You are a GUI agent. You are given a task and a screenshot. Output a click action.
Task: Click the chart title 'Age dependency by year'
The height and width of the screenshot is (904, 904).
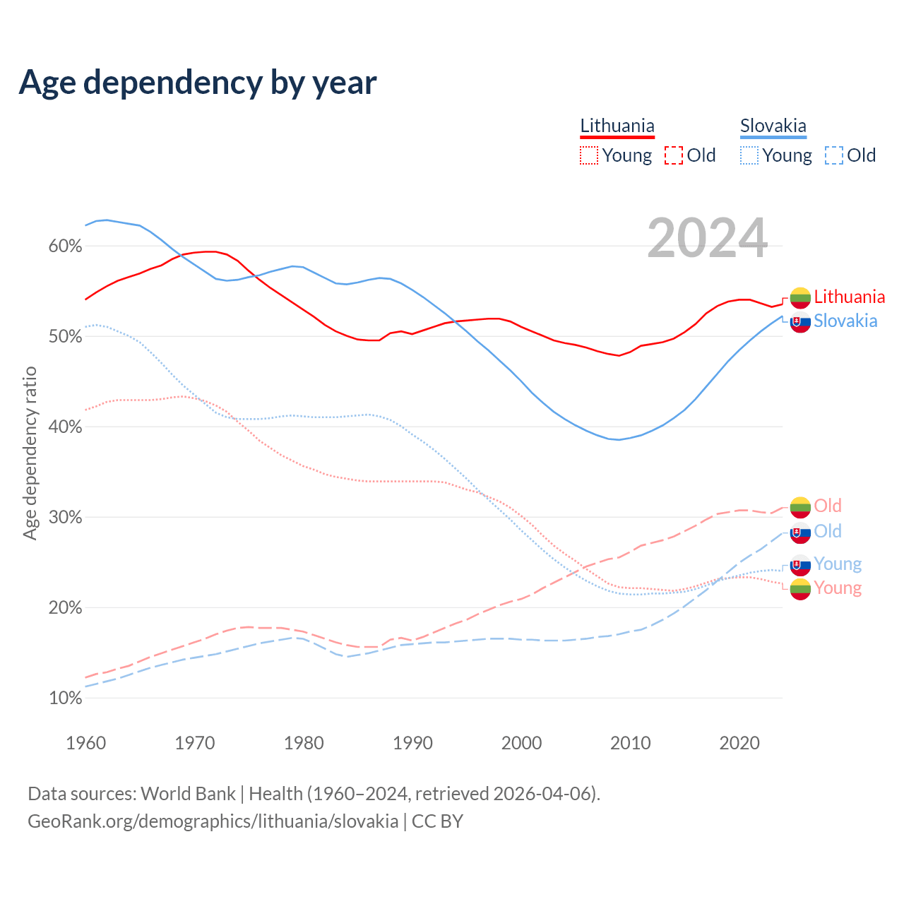[x=198, y=83]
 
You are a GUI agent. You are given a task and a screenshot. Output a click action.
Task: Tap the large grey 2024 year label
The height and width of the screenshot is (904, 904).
[x=707, y=239]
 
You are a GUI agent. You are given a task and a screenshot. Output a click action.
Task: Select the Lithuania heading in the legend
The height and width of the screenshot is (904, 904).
[x=617, y=126]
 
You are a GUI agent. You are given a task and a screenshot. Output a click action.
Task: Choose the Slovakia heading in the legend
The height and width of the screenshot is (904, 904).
[x=773, y=126]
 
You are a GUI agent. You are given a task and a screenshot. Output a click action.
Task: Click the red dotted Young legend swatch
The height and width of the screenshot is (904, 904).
[x=588, y=155]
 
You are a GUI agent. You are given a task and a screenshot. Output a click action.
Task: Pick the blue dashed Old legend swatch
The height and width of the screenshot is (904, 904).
[x=833, y=155]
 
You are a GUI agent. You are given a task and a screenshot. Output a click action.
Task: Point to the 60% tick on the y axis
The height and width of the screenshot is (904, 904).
[x=65, y=246]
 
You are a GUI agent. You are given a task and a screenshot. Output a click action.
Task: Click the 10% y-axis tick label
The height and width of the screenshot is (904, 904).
[x=65, y=698]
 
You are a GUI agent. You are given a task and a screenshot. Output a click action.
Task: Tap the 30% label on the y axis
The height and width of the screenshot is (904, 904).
[x=65, y=518]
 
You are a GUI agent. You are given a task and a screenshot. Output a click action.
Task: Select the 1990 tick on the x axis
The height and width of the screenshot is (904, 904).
[x=412, y=743]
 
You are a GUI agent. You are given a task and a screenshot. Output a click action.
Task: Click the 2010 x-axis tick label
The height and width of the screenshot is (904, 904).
[x=630, y=743]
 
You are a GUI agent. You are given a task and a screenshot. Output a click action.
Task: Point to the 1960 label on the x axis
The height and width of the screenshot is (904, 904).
[x=85, y=743]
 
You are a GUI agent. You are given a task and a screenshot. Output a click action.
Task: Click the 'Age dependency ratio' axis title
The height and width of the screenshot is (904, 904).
[x=30, y=453]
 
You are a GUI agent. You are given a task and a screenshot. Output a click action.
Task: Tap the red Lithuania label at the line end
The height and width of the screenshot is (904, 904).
[x=849, y=297]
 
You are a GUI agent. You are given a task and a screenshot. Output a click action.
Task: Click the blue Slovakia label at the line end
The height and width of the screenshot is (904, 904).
[x=845, y=321]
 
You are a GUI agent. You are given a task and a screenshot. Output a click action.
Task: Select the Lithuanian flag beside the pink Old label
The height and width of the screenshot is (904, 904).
[x=800, y=507]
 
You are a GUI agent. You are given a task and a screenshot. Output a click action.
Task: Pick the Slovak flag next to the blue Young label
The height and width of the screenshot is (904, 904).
[x=800, y=565]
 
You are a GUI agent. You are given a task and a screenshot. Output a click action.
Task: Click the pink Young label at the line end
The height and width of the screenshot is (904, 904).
[x=838, y=588]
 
